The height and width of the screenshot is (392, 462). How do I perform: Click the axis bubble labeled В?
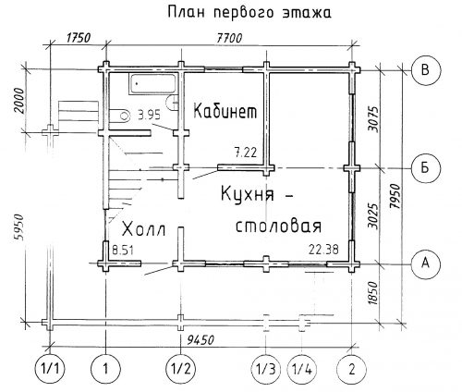coord(426,70)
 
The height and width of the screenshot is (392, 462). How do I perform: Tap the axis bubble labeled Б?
coord(426,168)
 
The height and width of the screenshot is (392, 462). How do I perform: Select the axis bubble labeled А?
coord(426,263)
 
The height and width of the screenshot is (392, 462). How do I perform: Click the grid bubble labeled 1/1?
coord(50,369)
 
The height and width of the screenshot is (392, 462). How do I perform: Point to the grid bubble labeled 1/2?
coord(181,369)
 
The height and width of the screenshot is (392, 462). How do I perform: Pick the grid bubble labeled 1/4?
coord(302,369)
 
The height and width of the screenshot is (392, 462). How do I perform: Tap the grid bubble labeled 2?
coord(352,369)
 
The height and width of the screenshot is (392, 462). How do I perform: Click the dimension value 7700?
coord(229,38)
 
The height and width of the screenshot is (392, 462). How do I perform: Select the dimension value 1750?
coord(79,38)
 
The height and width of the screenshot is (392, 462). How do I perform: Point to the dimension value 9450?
coord(201,340)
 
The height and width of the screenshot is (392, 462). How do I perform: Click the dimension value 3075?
coord(373,119)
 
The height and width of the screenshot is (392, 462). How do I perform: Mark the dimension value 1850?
coord(372,293)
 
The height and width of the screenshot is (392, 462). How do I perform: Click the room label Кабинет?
coord(225,111)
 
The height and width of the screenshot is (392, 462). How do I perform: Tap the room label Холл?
coord(144,229)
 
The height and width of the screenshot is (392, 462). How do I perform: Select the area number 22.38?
coord(323,249)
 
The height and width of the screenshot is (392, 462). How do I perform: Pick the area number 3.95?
coord(150,116)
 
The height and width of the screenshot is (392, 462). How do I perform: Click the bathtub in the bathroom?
coord(152,83)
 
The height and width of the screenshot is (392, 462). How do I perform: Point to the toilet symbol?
coord(120,116)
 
